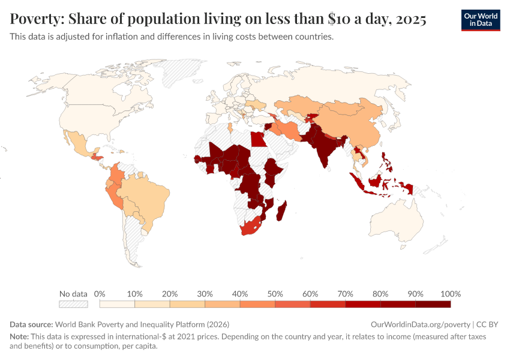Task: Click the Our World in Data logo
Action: click(x=480, y=20)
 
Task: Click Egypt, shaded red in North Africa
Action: click(x=257, y=140)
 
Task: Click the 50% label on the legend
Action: click(x=275, y=294)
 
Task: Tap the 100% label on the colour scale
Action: click(x=450, y=294)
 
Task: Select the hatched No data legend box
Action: click(x=73, y=304)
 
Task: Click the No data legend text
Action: click(x=73, y=294)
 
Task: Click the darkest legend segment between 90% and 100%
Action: click(x=433, y=304)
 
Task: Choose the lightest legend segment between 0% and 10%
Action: click(x=108, y=304)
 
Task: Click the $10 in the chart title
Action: click(x=341, y=19)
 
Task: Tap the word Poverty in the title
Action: click(x=36, y=19)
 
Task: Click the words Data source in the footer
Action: click(x=31, y=324)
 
